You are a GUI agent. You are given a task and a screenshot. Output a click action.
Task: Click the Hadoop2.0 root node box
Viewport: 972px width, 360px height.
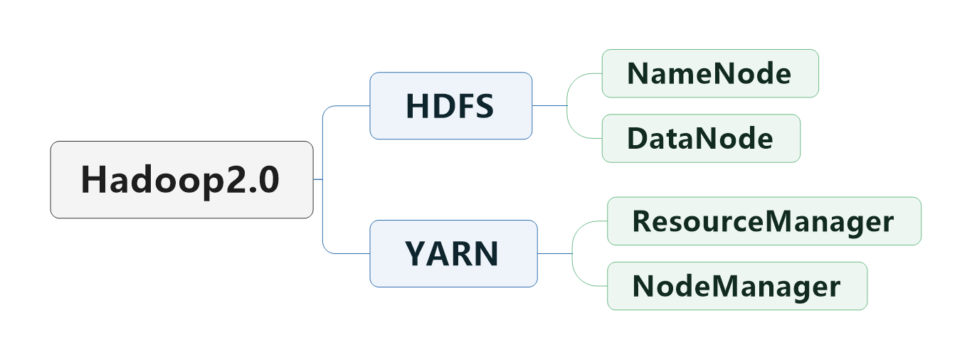pos(181,179)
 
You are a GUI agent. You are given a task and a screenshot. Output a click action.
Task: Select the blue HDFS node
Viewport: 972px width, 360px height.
pos(450,105)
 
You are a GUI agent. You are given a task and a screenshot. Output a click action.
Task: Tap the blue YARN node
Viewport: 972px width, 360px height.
pos(453,253)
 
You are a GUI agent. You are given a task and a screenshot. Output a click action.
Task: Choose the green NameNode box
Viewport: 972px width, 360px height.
pos(709,73)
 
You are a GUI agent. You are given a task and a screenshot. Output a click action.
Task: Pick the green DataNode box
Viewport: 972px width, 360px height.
pos(700,138)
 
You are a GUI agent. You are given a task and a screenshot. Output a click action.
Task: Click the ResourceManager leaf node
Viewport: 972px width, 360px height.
pos(764,221)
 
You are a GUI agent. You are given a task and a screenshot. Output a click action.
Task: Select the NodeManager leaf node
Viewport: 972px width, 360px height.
pos(736,286)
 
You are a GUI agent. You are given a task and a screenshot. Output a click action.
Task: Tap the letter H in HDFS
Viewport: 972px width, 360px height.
pos(416,106)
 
